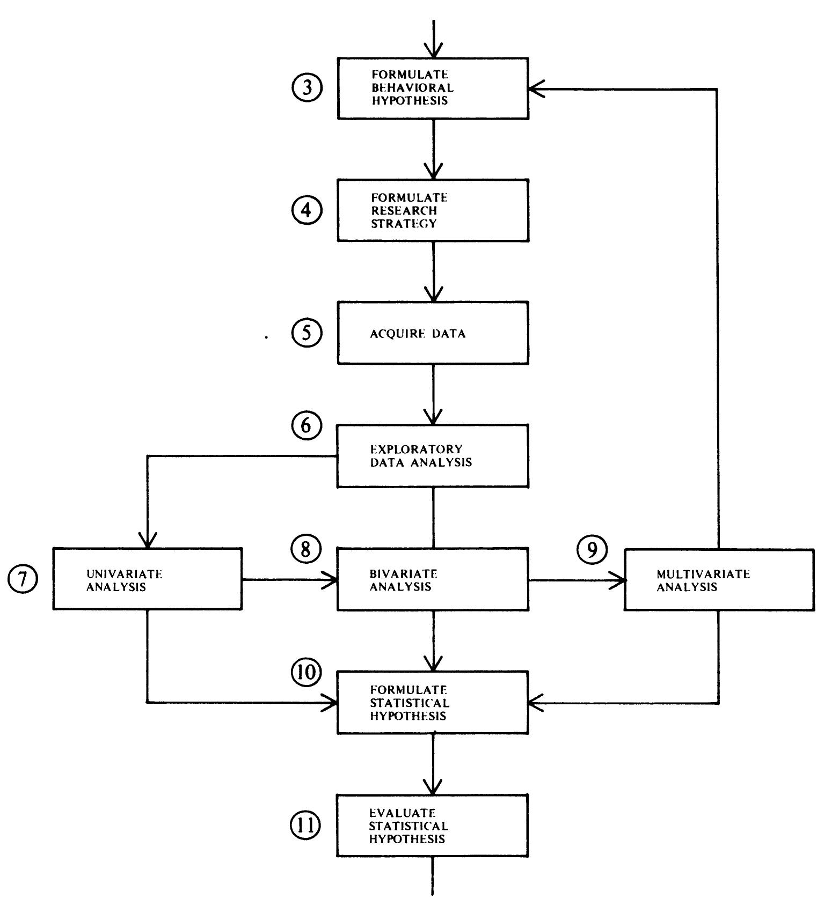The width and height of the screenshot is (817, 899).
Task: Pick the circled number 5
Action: click(307, 333)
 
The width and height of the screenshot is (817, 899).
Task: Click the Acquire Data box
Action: click(433, 333)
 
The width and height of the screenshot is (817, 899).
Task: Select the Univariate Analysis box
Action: click(147, 579)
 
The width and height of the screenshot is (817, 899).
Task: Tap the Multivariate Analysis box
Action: click(718, 580)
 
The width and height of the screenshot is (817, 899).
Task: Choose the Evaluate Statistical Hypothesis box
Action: click(433, 825)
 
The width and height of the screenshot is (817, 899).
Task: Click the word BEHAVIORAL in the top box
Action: click(412, 87)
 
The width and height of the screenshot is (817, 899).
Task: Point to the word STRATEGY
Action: click(403, 224)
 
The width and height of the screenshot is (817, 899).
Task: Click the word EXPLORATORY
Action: click(416, 449)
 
